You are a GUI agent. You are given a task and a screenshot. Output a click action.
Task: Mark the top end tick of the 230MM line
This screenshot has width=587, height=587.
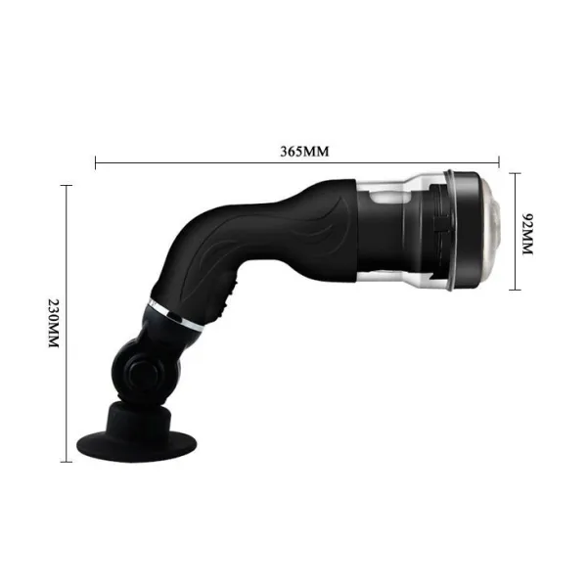pos(67,185)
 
